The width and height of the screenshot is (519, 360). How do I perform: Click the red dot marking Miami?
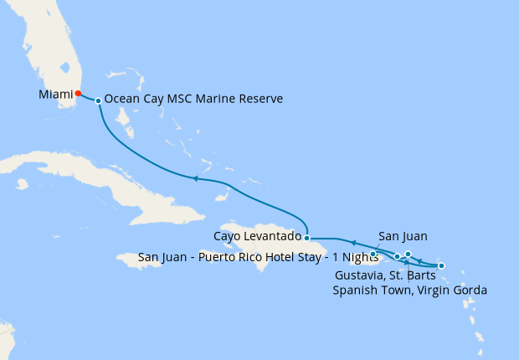pyautogui.click(x=78, y=94)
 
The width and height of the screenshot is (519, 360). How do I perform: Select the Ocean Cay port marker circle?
pyautogui.click(x=99, y=100)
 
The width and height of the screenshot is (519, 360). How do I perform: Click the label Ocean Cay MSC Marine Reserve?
pyautogui.click(x=193, y=99)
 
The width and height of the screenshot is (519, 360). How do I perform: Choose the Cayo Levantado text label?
pyautogui.click(x=257, y=237)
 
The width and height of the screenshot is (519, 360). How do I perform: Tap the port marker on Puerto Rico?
pyautogui.click(x=373, y=253)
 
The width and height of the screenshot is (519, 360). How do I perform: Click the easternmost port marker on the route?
pyautogui.click(x=441, y=266)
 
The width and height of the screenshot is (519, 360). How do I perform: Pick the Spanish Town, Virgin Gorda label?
pyautogui.click(x=409, y=290)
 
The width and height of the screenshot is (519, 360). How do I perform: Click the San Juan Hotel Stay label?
pyautogui.click(x=258, y=257)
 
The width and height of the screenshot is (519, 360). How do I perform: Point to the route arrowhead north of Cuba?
pyautogui.click(x=195, y=178)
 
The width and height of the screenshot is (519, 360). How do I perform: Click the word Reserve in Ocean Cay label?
pyautogui.click(x=260, y=99)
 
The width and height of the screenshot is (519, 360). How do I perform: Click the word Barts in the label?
pyautogui.click(x=423, y=275)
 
